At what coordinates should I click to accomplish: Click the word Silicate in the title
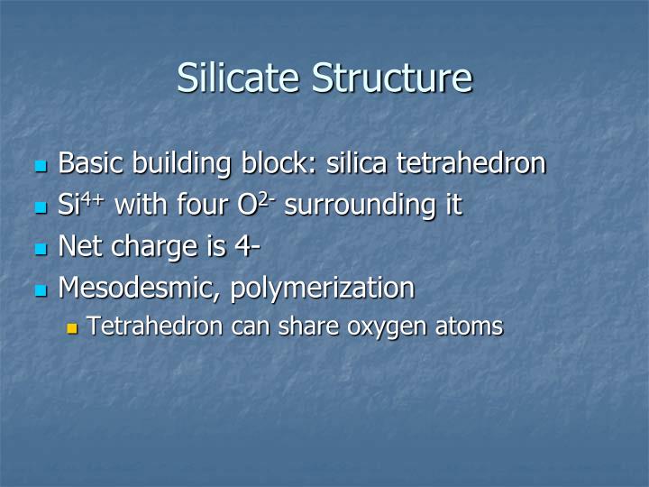(240, 78)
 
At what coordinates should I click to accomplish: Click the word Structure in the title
(392, 78)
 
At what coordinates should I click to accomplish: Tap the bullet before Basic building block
(40, 166)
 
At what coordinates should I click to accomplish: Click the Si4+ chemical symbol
(79, 204)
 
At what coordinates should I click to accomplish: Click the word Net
(80, 246)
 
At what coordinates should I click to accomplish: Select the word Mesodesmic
(139, 289)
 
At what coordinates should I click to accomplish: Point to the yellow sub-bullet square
(73, 328)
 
